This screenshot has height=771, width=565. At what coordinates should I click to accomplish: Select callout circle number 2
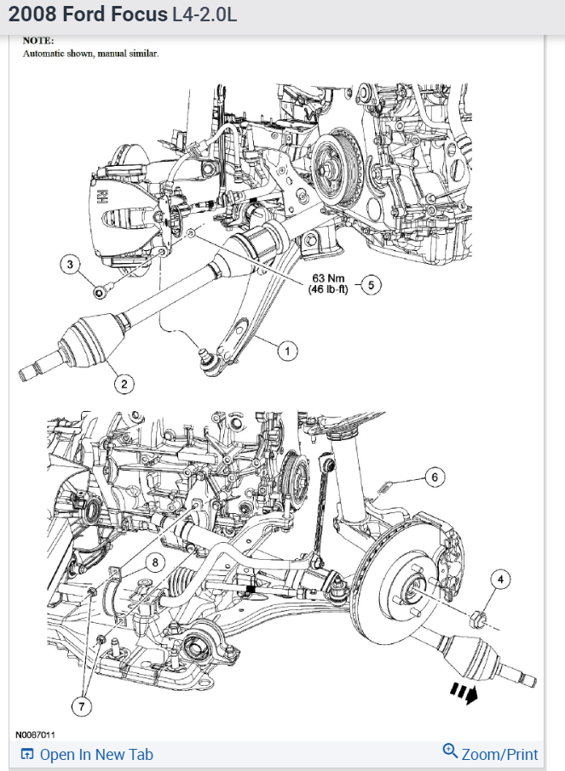click(124, 385)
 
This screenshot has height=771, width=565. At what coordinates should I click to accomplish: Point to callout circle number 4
click(500, 580)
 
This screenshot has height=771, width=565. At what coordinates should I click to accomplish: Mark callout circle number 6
click(434, 477)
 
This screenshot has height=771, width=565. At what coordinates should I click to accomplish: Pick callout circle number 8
click(154, 562)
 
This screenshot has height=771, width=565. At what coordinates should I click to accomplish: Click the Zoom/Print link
click(491, 754)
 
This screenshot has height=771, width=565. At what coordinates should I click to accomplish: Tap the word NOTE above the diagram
click(38, 40)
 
